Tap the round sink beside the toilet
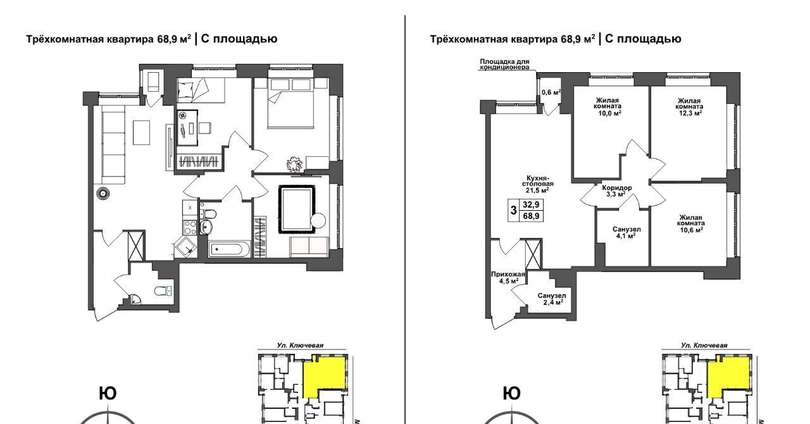pyautogui.click(x=206, y=227)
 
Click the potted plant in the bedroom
pyautogui.click(x=294, y=164)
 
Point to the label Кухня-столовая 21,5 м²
pyautogui.click(x=538, y=184)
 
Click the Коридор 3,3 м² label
pyautogui.click(x=616, y=191)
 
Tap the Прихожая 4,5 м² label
pyautogui.click(x=508, y=277)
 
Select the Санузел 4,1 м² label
pyautogui.click(x=626, y=233)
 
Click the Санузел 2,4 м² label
pyautogui.click(x=552, y=299)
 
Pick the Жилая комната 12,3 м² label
pyautogui.click(x=690, y=107)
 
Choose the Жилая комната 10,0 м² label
pyautogui.click(x=607, y=106)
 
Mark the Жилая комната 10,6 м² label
pyautogui.click(x=690, y=223)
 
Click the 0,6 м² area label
pyautogui.click(x=551, y=92)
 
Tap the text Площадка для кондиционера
pyautogui.click(x=504, y=65)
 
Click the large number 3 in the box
pyautogui.click(x=513, y=210)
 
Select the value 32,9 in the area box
pyautogui.click(x=531, y=205)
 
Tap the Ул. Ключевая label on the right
pyautogui.click(x=704, y=346)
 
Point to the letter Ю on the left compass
pyautogui.click(x=108, y=394)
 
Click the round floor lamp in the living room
pyautogui.click(x=103, y=194)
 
